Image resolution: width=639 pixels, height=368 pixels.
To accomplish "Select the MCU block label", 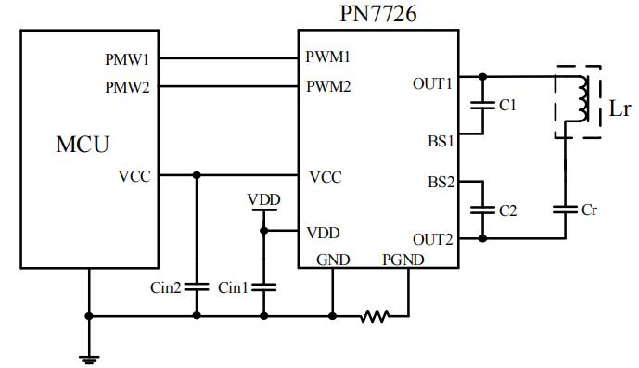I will (x=83, y=145).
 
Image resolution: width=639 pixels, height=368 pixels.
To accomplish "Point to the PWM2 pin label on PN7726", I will (x=328, y=86).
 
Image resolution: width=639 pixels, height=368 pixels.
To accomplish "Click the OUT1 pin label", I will (x=433, y=83).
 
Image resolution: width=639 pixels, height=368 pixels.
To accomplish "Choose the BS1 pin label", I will (x=440, y=142).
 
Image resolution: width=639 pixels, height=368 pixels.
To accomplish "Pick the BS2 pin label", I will (x=440, y=181).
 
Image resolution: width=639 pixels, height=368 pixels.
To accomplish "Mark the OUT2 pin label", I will (x=433, y=239).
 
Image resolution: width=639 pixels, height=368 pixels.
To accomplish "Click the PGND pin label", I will (x=403, y=260).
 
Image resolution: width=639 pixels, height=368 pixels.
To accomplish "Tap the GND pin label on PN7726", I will (x=332, y=260).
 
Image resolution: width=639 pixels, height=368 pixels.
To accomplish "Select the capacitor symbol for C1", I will (x=481, y=105).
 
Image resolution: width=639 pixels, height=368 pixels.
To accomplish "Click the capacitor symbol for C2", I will (x=481, y=210).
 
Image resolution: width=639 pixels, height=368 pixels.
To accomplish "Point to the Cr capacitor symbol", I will (x=565, y=210).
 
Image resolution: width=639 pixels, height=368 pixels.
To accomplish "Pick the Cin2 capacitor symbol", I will (x=196, y=287).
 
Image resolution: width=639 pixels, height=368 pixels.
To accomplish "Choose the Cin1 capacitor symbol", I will (x=264, y=287).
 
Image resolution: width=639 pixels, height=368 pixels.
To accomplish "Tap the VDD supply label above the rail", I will (x=264, y=199).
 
